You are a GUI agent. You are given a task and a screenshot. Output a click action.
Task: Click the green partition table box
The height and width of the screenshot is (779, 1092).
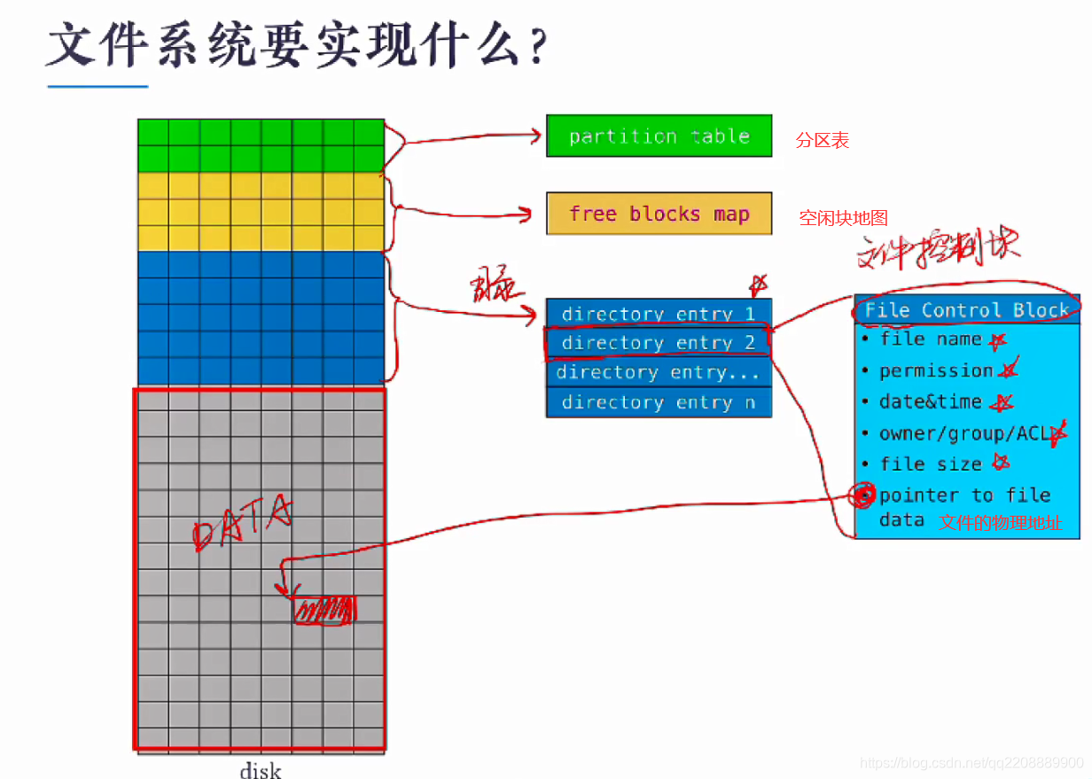tap(659, 136)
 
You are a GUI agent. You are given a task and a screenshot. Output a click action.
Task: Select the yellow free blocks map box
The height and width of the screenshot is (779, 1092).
tap(659, 214)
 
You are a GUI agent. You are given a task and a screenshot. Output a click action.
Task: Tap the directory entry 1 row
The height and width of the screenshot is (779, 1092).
tap(658, 314)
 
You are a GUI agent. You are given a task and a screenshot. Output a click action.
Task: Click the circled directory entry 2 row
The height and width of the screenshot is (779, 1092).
tap(658, 343)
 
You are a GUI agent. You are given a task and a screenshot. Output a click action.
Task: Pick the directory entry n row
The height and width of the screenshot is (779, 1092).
tap(658, 402)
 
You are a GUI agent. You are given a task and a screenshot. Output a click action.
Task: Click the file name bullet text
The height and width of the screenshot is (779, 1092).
tap(931, 339)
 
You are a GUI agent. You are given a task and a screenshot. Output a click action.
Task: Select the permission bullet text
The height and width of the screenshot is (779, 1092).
tap(936, 370)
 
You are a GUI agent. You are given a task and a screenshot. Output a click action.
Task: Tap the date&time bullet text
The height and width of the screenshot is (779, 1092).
tap(930, 401)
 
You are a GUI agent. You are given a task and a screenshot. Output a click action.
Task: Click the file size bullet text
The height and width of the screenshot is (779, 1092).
tap(931, 464)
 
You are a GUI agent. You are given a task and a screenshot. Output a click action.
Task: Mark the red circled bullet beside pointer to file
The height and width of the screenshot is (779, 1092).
tap(862, 495)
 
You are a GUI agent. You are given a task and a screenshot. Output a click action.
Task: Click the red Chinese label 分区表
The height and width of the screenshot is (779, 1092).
tap(822, 140)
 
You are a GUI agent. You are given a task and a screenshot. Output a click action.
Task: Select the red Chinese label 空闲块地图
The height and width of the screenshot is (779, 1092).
tap(843, 218)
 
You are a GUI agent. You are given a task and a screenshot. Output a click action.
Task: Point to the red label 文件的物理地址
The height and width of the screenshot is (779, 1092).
tap(1000, 522)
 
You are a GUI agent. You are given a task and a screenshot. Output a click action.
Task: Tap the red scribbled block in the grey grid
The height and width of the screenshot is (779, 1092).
tap(324, 610)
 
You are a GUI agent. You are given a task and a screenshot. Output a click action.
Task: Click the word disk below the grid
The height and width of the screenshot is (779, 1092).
tap(261, 769)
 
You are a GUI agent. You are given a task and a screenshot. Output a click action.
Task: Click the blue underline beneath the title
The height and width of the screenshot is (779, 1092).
tap(97, 87)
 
